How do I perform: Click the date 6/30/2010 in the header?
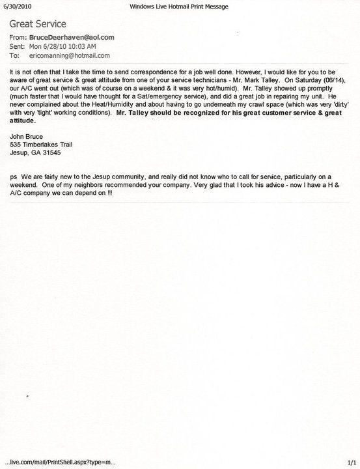click(16, 5)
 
